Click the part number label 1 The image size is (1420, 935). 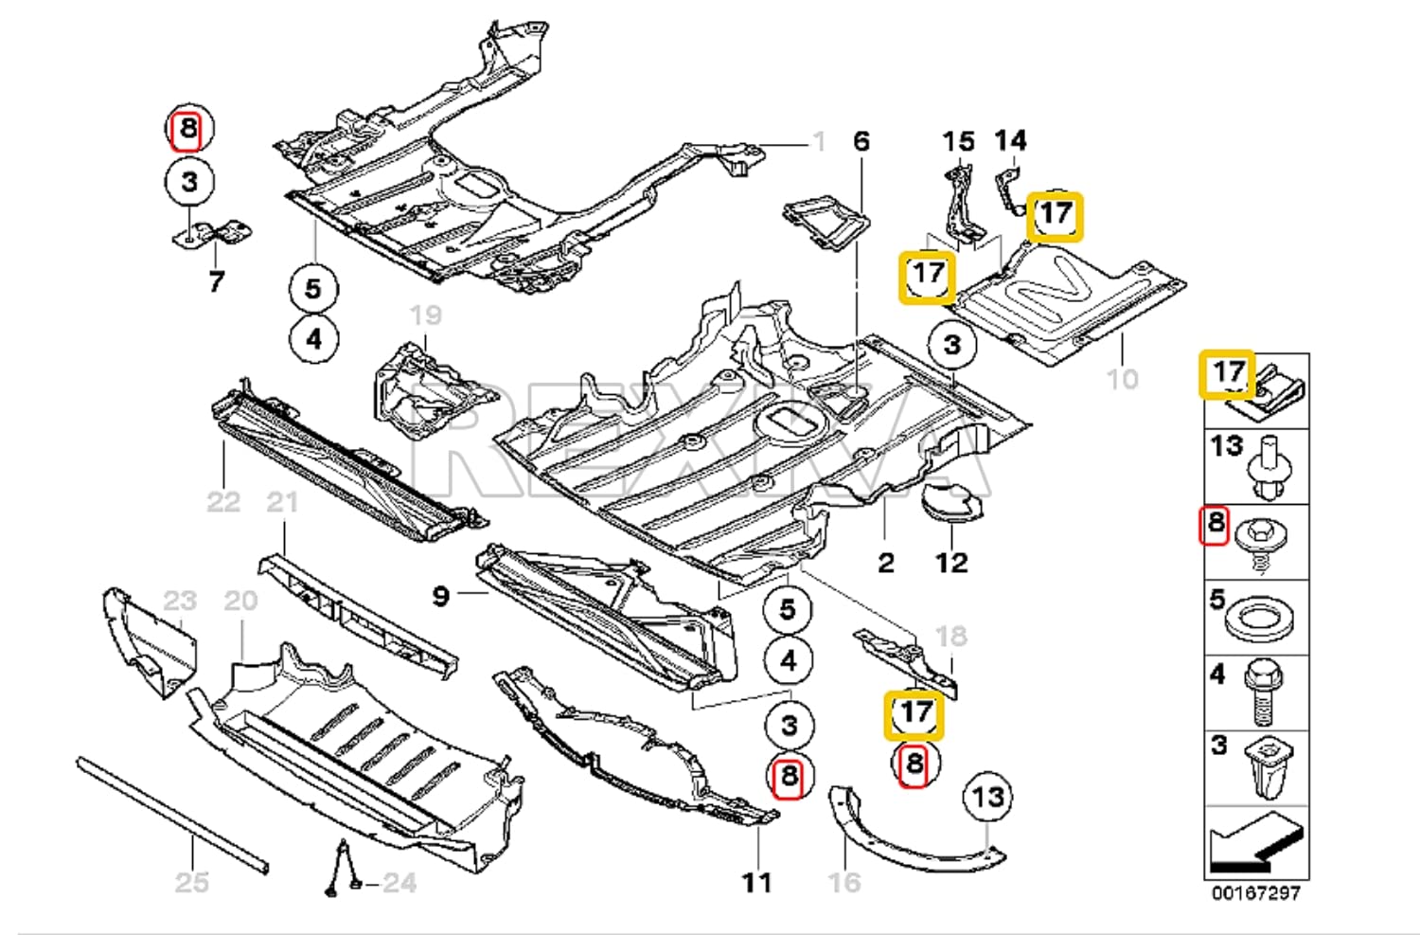819,142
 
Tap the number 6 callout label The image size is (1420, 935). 861,141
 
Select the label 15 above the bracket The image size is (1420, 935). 958,142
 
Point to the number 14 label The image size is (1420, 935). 1010,140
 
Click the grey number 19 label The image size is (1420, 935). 425,315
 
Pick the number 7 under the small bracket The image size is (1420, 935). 217,281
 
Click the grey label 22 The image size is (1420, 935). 223,501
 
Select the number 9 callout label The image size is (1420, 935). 440,596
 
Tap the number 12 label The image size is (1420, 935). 951,563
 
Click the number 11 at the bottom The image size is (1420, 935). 756,883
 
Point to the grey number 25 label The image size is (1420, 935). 191,883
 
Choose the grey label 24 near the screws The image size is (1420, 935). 399,883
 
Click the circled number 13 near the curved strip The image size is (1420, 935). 987,797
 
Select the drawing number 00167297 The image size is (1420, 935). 1256,893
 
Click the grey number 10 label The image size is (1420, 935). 1122,379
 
